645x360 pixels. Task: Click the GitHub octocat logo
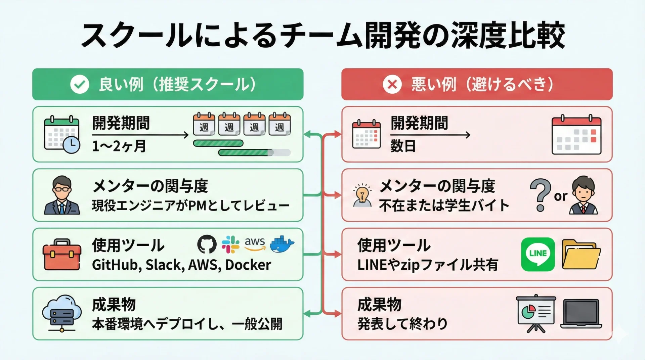[207, 244]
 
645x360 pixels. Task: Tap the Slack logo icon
[230, 244]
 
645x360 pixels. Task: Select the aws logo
[255, 244]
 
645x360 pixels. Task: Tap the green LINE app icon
[538, 254]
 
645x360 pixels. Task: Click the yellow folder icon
[581, 254]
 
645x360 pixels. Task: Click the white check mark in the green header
[80, 84]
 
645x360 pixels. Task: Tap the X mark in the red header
[392, 84]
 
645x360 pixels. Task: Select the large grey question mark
[540, 194]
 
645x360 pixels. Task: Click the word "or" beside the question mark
[560, 196]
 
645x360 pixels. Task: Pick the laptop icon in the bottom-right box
[581, 314]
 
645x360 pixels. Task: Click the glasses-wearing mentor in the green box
[62, 195]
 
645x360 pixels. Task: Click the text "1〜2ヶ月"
[119, 146]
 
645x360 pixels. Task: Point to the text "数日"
[403, 146]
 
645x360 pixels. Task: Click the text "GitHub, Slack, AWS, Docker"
[181, 265]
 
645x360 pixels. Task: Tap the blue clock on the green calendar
[72, 145]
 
